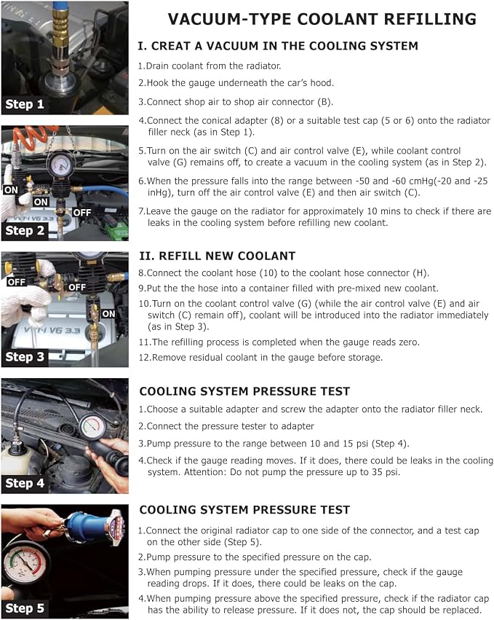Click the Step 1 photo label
tap(25, 104)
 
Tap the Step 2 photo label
tap(25, 230)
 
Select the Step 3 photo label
tap(25, 357)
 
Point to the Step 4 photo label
tap(25, 483)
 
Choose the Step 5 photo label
tap(25, 608)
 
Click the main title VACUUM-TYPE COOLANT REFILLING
tap(322, 19)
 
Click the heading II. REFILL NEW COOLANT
tap(218, 256)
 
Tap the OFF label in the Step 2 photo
tap(81, 213)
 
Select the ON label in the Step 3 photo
tap(108, 314)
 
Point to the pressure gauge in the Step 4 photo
tap(93, 426)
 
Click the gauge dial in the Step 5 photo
tap(25, 562)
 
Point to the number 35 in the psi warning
tap(377, 472)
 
